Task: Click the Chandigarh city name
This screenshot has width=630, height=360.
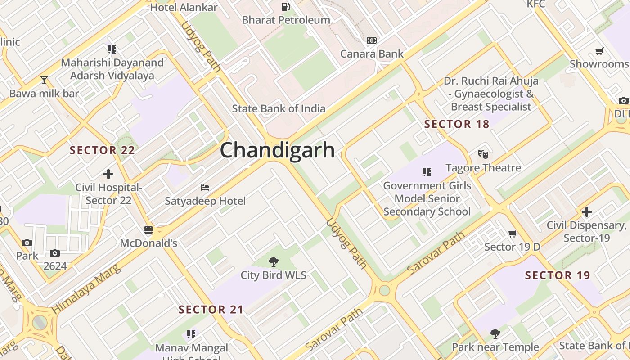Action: [x=277, y=150]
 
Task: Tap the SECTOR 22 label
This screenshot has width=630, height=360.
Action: [x=102, y=150]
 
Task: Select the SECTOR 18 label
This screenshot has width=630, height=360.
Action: [x=457, y=124]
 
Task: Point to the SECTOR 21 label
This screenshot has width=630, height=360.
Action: [x=211, y=310]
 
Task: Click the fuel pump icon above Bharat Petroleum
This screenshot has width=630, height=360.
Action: [x=285, y=7]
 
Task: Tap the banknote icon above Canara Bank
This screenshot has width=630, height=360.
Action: [x=371, y=40]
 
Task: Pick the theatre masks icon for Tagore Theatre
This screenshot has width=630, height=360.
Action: [x=483, y=154]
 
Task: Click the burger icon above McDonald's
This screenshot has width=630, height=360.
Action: [x=148, y=230]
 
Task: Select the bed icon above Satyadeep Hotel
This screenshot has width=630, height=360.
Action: [x=205, y=187]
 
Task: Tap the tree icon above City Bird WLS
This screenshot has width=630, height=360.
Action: [x=273, y=261]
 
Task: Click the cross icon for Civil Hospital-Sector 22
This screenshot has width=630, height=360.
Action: [x=108, y=174]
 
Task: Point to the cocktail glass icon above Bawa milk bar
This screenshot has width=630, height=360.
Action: [x=44, y=80]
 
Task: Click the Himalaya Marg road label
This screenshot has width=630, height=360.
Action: [x=86, y=289]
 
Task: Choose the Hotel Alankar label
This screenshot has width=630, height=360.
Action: [x=184, y=7]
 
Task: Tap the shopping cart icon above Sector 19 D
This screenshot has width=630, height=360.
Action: [x=512, y=234]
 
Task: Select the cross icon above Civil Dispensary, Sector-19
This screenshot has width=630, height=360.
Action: [x=586, y=211]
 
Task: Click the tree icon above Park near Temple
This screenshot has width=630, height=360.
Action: [x=495, y=333]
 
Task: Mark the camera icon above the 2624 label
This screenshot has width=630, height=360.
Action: [x=55, y=253]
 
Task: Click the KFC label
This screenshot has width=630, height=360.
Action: [x=536, y=4]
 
